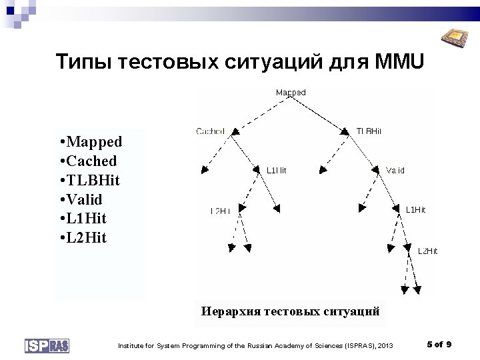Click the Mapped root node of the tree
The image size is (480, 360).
(x=291, y=93)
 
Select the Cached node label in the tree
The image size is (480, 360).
(x=210, y=131)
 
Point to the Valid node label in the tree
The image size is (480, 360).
(x=395, y=171)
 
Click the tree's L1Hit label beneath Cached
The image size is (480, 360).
(x=276, y=171)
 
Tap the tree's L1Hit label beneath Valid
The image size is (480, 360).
(x=415, y=210)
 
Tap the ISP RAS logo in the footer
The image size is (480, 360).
(x=47, y=345)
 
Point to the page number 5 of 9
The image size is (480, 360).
(x=439, y=344)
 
